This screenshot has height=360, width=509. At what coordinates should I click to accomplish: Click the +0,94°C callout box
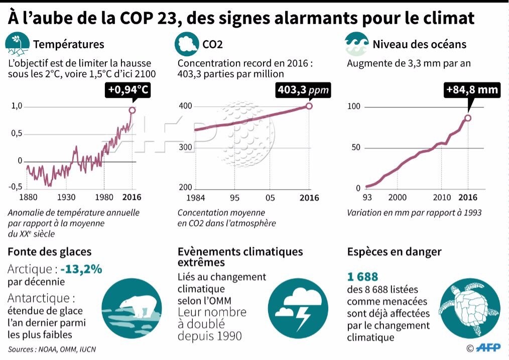click(129, 90)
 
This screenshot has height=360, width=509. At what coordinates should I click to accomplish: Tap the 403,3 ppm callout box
click(303, 90)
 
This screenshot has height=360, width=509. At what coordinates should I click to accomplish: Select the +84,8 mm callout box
click(472, 90)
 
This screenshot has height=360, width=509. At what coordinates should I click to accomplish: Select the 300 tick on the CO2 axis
click(186, 148)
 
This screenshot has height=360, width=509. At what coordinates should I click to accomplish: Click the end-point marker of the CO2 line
click(309, 106)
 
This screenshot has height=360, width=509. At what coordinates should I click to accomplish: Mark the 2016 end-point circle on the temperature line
click(132, 110)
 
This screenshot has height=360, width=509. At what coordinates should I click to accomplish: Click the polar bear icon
click(131, 307)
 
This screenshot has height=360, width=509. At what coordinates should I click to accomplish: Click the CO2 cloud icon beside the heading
click(187, 44)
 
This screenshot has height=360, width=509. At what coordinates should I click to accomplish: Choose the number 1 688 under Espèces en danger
click(362, 277)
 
